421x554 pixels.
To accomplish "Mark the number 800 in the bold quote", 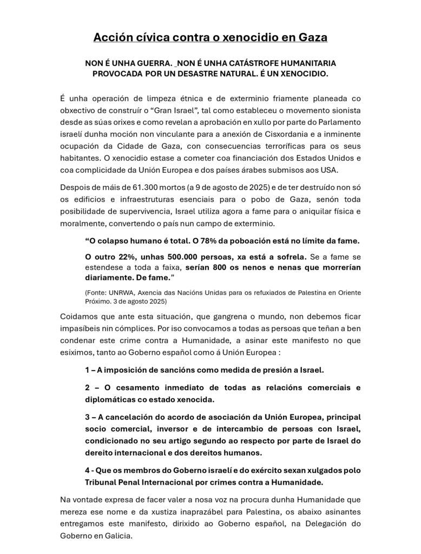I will click(215, 267).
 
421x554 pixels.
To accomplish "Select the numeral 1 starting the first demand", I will click(87, 370).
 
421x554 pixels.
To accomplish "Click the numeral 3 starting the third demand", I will click(87, 417).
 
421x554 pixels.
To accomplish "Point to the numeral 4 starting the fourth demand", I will click(87, 470).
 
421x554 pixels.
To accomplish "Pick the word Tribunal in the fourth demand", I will click(102, 482).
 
